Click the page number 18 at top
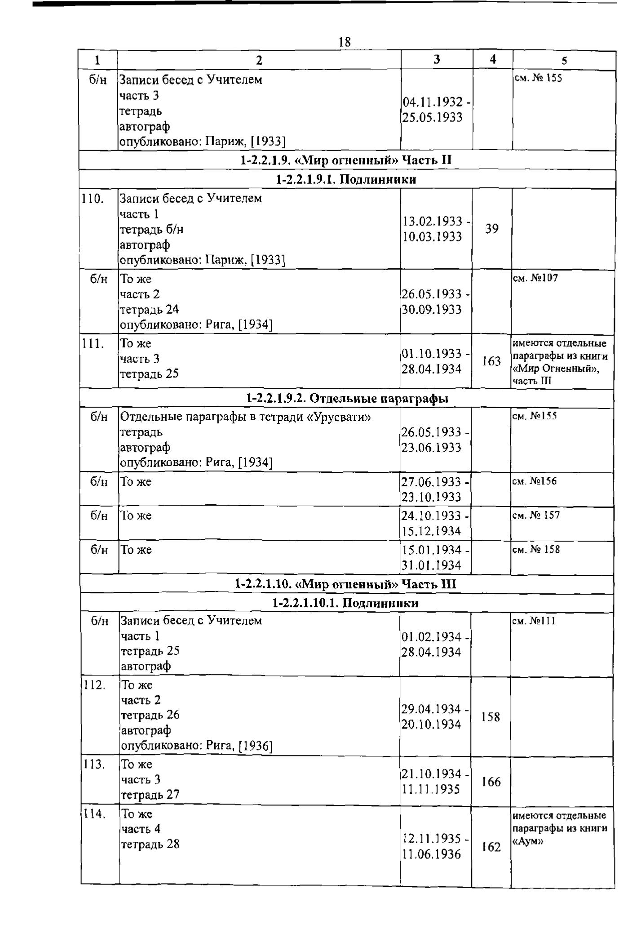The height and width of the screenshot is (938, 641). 345,42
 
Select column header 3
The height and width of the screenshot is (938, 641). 437,59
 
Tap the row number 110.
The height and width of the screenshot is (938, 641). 92,198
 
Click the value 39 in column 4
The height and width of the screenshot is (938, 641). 492,229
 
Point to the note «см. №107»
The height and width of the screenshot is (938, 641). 535,278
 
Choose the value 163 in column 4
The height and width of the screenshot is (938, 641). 491,361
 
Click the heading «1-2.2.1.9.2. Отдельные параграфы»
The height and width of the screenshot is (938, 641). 347,398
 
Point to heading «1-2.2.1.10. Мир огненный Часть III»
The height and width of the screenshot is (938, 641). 345,584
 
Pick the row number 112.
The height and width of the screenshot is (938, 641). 94,685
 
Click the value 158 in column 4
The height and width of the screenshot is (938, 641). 491,717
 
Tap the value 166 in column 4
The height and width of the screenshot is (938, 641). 491,782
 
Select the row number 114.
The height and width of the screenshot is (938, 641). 94,814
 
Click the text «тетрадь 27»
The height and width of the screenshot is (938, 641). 150,795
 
